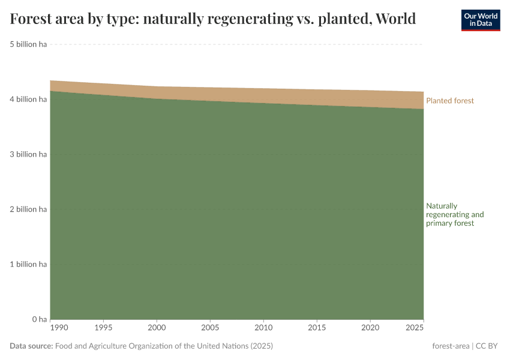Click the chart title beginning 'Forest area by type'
213,19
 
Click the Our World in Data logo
480,20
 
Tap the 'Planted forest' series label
449,101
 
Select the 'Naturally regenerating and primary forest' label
454,214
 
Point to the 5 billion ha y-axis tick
28,44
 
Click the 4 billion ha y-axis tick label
28,99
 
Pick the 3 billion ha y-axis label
28,154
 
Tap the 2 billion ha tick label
28,209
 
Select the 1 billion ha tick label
28,264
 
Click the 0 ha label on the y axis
39,319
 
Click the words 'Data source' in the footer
31,346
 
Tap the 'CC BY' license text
487,346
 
